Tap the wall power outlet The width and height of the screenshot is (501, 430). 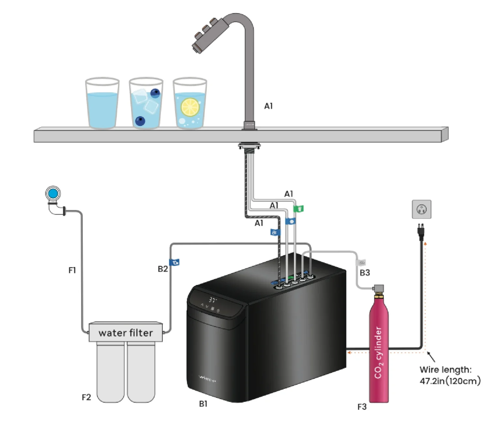(x=421, y=209)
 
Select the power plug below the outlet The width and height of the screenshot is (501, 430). (x=421, y=231)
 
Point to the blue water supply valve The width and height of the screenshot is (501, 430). (x=53, y=194)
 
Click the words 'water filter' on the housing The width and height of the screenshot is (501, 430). (x=126, y=333)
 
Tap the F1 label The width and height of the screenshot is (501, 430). (x=72, y=270)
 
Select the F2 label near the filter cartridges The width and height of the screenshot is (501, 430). (x=86, y=397)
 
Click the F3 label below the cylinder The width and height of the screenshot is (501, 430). (x=362, y=407)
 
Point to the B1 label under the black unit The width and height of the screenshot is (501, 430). (x=203, y=404)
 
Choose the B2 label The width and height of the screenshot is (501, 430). (x=163, y=269)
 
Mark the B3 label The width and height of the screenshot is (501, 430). (x=365, y=273)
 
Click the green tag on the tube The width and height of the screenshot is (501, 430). (x=298, y=208)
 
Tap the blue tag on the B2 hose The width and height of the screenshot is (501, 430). (x=174, y=262)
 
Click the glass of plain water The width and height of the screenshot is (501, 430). (x=102, y=104)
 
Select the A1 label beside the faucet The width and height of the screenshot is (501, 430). (x=268, y=106)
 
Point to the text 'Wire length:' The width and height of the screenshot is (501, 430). (x=445, y=370)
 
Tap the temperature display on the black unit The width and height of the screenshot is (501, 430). (x=213, y=299)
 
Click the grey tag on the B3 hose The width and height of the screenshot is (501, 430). (x=362, y=262)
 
